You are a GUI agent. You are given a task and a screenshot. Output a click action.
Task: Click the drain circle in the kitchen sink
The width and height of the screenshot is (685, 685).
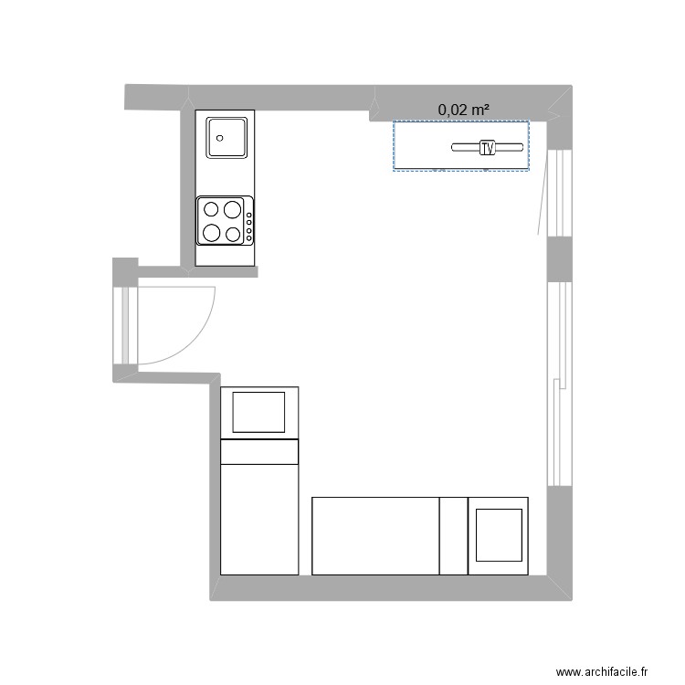[x=219, y=139]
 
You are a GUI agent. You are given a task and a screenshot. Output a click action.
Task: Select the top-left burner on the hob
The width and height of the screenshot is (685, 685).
[x=212, y=208]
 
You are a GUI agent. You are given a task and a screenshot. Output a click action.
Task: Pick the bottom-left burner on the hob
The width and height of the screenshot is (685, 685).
[x=212, y=232]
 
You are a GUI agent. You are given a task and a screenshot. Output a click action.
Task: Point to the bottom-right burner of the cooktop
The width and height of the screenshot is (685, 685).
[x=232, y=234]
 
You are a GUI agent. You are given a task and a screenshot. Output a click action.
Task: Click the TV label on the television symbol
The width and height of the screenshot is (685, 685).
[x=487, y=147]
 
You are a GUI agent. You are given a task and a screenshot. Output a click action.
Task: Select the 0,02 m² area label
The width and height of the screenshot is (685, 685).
[x=463, y=110]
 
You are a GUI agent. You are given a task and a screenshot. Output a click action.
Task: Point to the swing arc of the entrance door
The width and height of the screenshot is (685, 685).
[x=200, y=333]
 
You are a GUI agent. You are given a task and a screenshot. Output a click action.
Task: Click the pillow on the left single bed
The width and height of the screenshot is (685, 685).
[x=259, y=411]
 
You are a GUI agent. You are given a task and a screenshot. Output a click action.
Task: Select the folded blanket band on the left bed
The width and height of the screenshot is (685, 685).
[x=259, y=451]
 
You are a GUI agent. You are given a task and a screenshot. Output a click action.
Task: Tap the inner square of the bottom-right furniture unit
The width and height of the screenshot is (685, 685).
[x=498, y=535]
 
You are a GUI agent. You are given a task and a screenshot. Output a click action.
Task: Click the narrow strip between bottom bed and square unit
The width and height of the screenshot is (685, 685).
[x=453, y=536]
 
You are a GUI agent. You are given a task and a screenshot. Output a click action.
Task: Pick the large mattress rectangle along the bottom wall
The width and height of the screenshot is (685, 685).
[x=375, y=536]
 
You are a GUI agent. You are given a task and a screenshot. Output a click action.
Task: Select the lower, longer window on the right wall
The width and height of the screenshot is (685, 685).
[x=559, y=384]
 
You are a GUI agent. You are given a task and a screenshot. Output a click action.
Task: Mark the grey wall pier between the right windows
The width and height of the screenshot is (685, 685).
[x=559, y=259]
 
